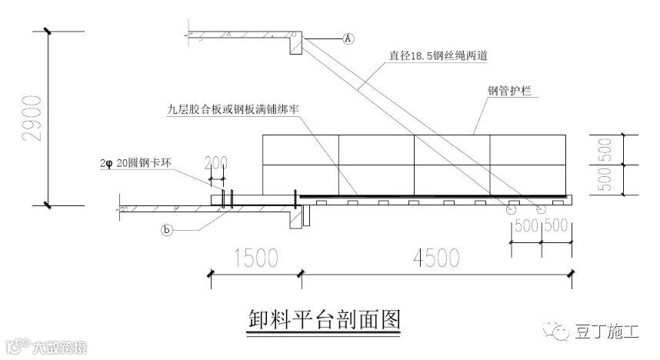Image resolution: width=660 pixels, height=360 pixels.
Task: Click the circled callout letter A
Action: [x=348, y=37]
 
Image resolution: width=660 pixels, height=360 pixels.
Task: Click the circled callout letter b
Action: [x=166, y=228]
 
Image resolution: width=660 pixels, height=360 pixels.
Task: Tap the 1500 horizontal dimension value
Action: [x=253, y=258]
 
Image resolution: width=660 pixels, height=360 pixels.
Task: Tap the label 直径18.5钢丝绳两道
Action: [x=447, y=55]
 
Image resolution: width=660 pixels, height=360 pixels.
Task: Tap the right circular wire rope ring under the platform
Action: [x=542, y=208]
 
